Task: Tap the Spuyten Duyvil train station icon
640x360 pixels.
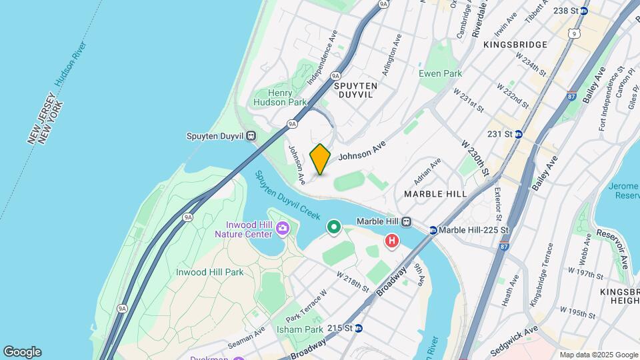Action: pos(251,136)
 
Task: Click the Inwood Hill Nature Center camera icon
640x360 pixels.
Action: pos(283,229)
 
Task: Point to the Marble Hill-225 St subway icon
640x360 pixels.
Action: pos(433,231)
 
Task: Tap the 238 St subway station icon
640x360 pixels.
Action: pos(583,11)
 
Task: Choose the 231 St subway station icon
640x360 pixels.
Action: pos(518,134)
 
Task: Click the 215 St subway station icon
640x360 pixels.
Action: pos(359,328)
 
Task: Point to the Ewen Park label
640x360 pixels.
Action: pos(439,73)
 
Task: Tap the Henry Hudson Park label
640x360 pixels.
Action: pos(279,97)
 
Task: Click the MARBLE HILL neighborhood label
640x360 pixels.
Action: pos(435,194)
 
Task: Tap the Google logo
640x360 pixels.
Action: pos(22,352)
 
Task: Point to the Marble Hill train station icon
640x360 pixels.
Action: pos(405,222)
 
